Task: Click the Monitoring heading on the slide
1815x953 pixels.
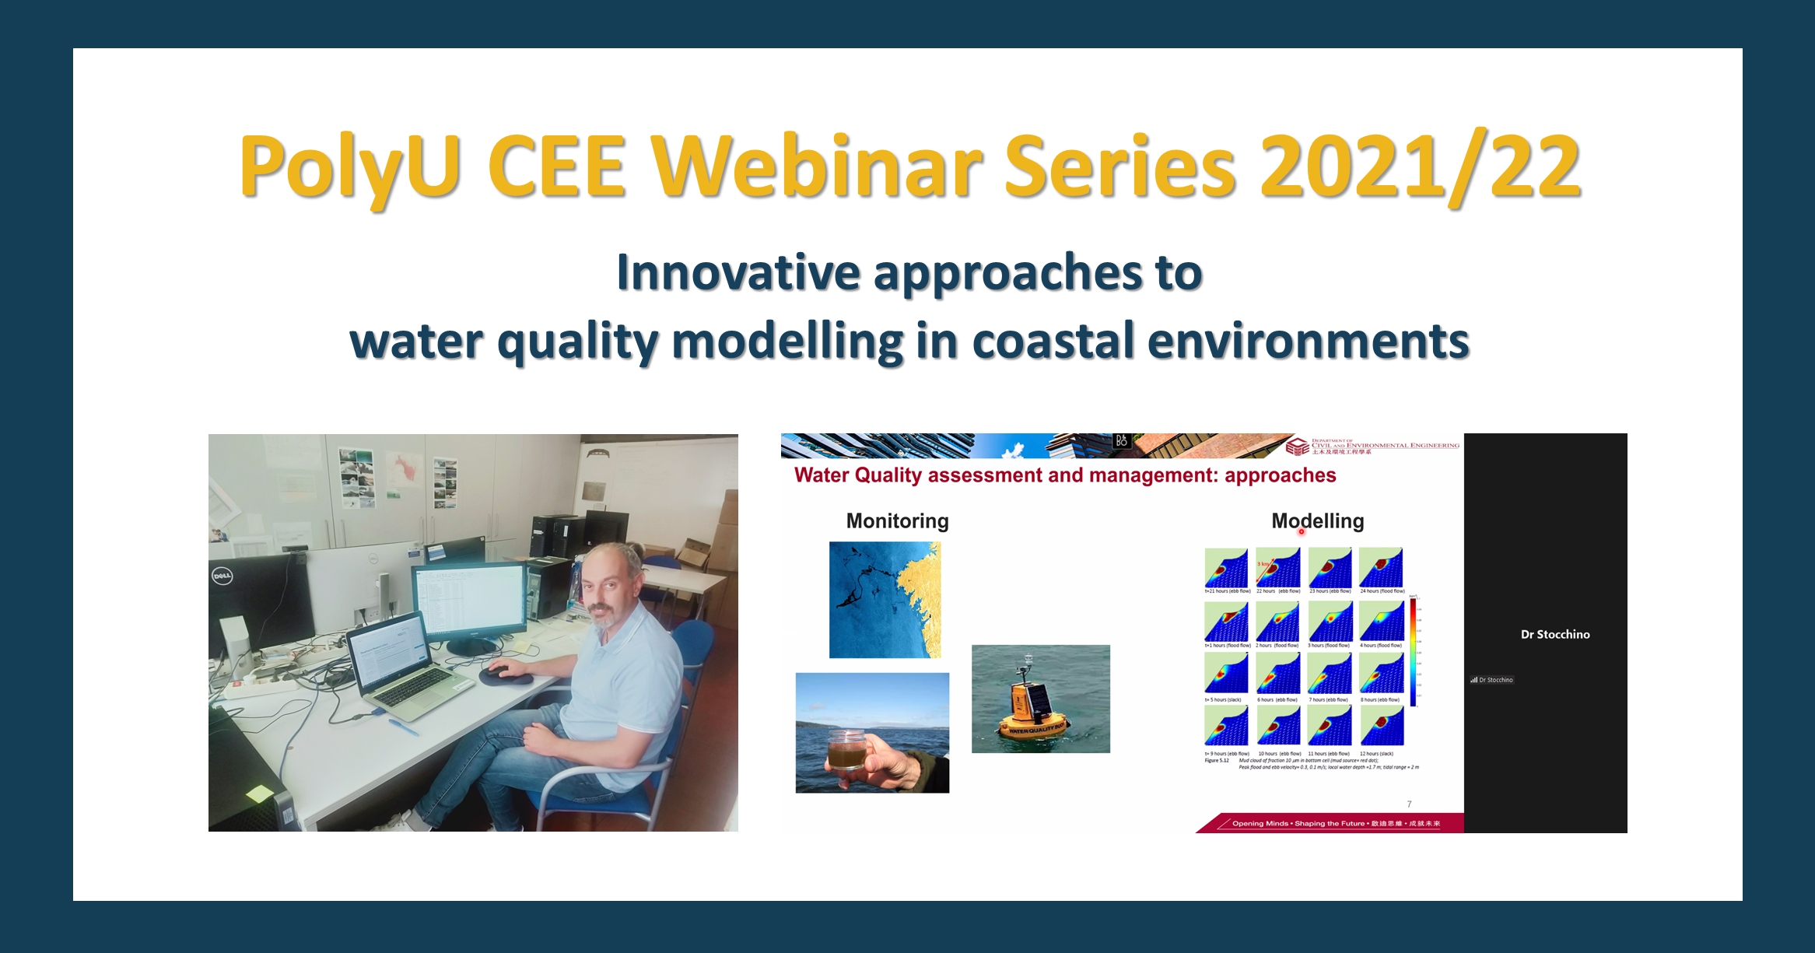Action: click(897, 520)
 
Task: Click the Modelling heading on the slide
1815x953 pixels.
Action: click(1317, 520)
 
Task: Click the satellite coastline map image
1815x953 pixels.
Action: click(885, 600)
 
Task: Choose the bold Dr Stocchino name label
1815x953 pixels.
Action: click(1554, 634)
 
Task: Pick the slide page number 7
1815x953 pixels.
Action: click(1409, 804)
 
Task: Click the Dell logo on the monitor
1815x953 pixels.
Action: click(222, 576)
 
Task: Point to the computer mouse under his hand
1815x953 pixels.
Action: click(499, 669)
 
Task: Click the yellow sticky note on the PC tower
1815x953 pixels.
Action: click(259, 794)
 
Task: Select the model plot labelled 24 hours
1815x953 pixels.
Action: click(1381, 568)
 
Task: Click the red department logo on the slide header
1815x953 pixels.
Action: click(1296, 447)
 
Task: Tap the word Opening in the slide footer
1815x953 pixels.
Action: click(1248, 823)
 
